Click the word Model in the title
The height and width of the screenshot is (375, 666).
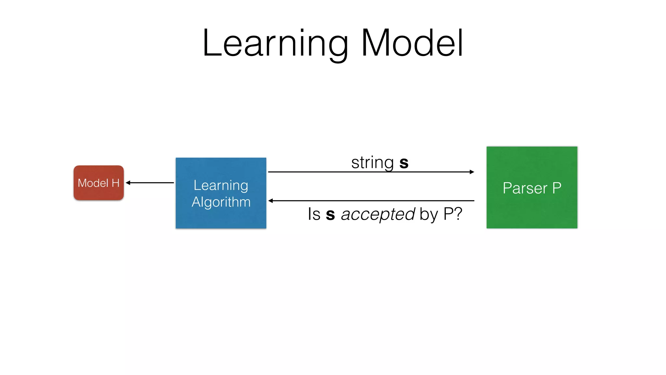click(x=412, y=43)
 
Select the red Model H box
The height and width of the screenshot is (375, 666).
click(x=99, y=183)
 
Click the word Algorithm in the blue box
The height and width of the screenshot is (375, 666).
click(x=221, y=202)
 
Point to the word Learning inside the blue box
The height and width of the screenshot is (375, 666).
click(x=221, y=186)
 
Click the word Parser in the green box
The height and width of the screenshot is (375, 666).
click(x=525, y=188)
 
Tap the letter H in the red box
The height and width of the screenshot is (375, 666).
click(x=115, y=183)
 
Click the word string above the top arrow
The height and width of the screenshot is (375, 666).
click(x=372, y=162)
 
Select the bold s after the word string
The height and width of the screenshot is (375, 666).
click(x=404, y=163)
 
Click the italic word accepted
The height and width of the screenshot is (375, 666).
click(x=378, y=214)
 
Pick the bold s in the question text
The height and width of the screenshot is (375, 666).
click(x=330, y=215)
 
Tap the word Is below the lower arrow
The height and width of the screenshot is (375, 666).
click(x=314, y=214)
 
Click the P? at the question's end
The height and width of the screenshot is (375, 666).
click(x=453, y=214)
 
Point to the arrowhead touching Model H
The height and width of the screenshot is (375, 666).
click(x=128, y=183)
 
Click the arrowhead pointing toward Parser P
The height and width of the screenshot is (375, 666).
click(x=472, y=172)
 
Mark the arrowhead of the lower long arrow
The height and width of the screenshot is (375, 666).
click(x=270, y=201)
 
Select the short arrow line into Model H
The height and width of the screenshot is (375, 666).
click(x=151, y=183)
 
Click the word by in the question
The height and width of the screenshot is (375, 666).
click(x=428, y=215)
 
